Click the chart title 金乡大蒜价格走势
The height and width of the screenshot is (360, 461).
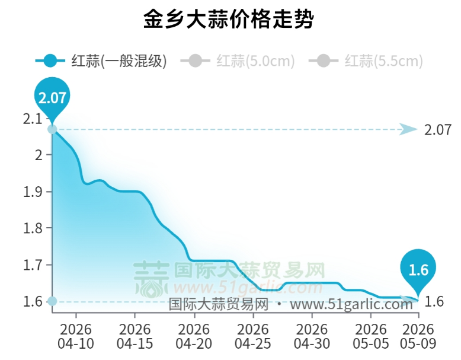click(x=229, y=19)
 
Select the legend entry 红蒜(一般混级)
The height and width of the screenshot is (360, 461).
click(x=101, y=61)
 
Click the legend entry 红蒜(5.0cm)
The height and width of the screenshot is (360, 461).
click(x=237, y=61)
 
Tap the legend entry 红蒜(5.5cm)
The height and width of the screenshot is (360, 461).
click(x=366, y=61)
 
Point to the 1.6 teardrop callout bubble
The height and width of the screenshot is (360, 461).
click(x=418, y=269)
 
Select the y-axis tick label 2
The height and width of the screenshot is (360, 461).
click(x=39, y=155)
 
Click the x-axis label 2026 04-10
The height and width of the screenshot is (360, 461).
click(x=76, y=336)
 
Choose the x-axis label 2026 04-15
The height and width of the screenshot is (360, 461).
click(x=135, y=336)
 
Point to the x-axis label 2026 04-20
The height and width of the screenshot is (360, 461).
click(x=194, y=336)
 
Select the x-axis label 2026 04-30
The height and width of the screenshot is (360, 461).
click(x=312, y=336)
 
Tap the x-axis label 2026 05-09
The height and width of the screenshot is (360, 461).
click(x=418, y=336)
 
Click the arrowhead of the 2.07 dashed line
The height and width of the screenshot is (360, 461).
click(x=408, y=129)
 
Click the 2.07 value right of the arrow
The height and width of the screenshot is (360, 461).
click(x=437, y=130)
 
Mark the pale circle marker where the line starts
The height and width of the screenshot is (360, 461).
click(x=52, y=129)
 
